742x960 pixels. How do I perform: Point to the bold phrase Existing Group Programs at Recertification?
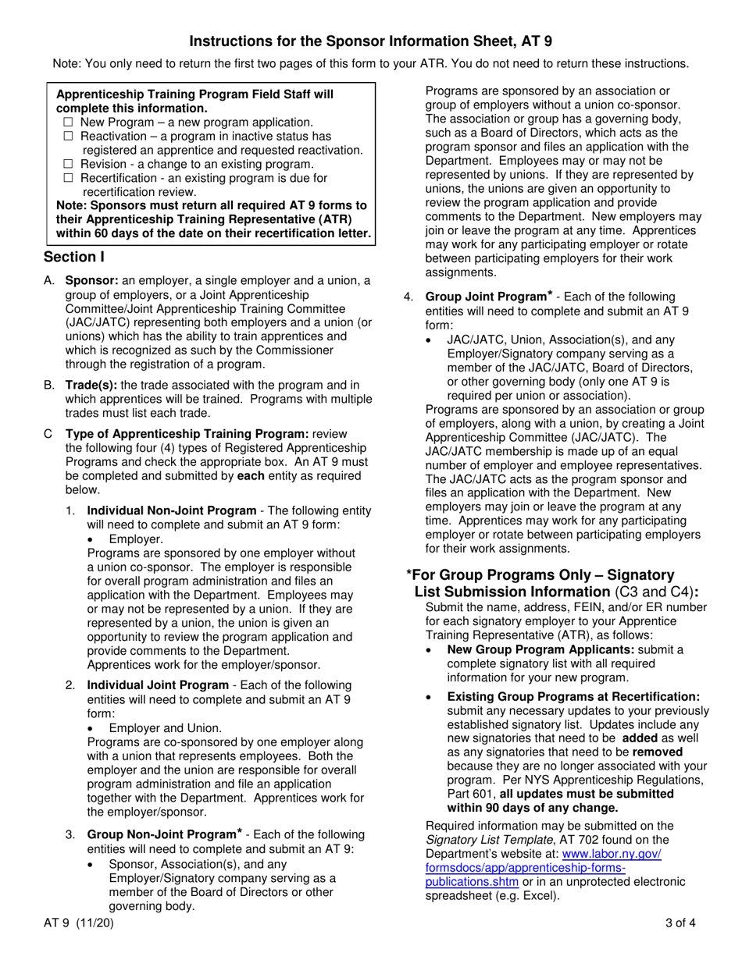coord(573,696)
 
